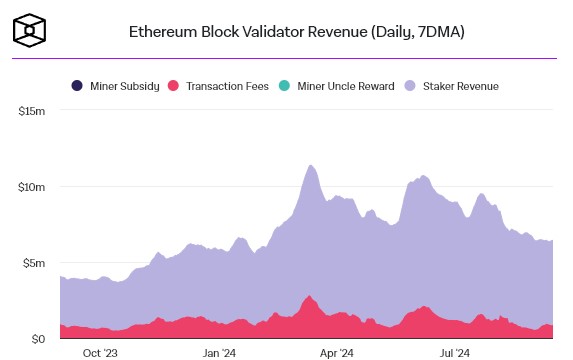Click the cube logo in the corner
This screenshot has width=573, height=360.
click(x=30, y=30)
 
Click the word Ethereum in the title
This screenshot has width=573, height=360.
click(x=163, y=32)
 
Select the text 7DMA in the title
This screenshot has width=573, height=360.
click(x=439, y=32)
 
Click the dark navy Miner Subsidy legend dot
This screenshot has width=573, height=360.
click(x=77, y=86)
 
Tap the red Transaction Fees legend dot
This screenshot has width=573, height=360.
click(x=173, y=86)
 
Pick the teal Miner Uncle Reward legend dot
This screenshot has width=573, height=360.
click(x=284, y=86)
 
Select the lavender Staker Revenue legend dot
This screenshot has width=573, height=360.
click(x=410, y=86)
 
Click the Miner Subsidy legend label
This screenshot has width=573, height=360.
click(x=125, y=86)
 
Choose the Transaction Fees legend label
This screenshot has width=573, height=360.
click(x=227, y=86)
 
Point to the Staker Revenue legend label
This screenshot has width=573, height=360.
click(x=461, y=86)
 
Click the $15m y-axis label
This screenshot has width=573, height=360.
click(x=32, y=111)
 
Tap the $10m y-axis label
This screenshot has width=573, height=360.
click(x=32, y=187)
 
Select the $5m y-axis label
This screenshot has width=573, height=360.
click(x=34, y=263)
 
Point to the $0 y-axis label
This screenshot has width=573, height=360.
click(x=38, y=339)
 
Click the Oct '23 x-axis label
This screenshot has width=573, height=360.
click(x=100, y=353)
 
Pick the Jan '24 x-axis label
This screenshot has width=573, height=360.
click(x=219, y=353)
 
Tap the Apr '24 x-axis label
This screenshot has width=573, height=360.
click(x=337, y=353)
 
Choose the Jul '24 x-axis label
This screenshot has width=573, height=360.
click(x=455, y=353)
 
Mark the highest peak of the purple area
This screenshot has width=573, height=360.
click(x=310, y=165)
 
